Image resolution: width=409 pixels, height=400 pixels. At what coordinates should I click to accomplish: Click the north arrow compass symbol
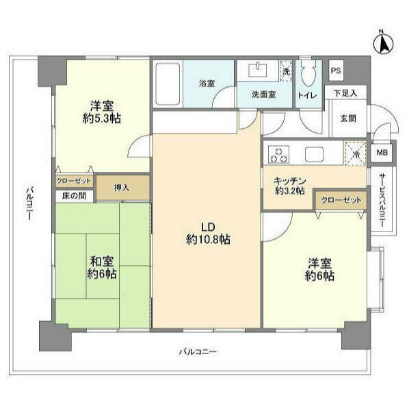[x=384, y=43]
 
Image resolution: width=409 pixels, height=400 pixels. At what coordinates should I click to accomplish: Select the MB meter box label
[x=381, y=153]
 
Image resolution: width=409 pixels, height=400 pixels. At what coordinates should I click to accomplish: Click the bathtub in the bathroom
[x=166, y=85]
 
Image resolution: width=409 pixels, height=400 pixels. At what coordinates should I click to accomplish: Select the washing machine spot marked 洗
[x=286, y=69]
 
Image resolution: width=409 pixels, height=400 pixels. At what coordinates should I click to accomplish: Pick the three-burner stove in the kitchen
[x=279, y=153]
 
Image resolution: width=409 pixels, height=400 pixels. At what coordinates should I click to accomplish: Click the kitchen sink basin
[x=316, y=153]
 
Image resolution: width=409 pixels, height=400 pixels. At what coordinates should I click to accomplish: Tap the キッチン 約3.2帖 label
[x=290, y=186]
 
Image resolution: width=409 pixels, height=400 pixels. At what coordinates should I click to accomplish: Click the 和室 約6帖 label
[x=102, y=267]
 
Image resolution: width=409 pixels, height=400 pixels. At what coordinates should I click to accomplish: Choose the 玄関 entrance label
[x=348, y=118]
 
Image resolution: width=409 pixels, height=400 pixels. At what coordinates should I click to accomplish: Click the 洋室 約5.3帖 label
[x=101, y=111]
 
